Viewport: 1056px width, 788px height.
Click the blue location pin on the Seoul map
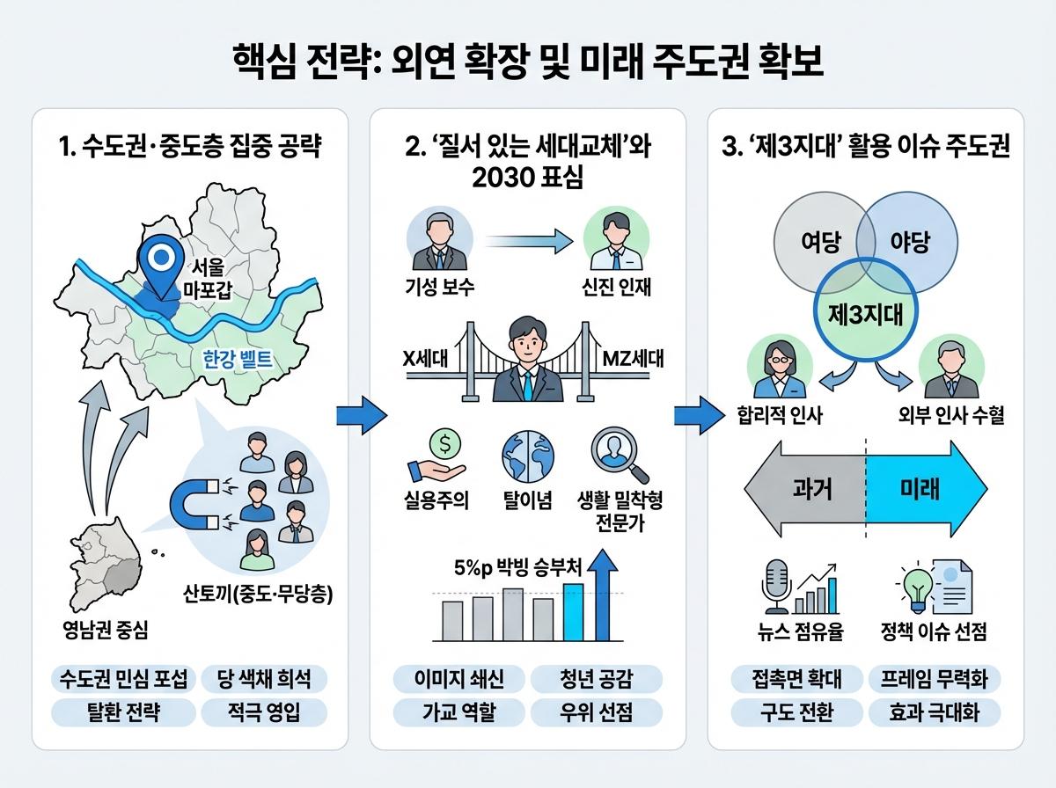pyautogui.click(x=160, y=261)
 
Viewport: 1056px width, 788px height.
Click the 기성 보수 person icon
pyautogui.click(x=437, y=240)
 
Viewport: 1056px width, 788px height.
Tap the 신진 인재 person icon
pyautogui.click(x=615, y=240)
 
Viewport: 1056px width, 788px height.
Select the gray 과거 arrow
pyautogui.click(x=803, y=488)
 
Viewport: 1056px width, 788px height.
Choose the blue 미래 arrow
pyautogui.click(x=924, y=488)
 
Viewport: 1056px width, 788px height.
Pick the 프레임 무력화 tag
pyautogui.click(x=935, y=679)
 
